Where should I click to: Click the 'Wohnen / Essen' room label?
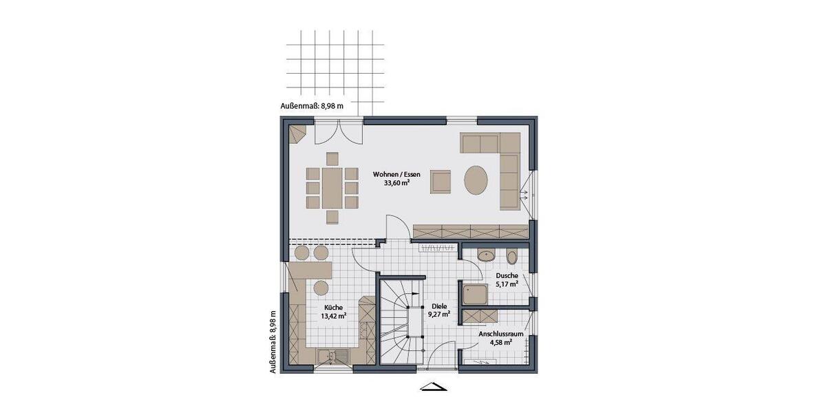(396, 174)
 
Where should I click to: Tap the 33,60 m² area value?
(396, 184)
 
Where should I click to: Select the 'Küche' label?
(333, 308)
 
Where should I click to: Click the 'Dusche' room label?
(506, 275)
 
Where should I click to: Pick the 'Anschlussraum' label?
(502, 334)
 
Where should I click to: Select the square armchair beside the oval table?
(441, 181)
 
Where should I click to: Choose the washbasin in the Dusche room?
(486, 255)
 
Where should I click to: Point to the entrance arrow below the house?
(435, 387)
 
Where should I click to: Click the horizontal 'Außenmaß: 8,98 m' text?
(311, 105)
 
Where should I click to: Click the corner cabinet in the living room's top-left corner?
(297, 134)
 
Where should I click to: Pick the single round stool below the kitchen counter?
(321, 286)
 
